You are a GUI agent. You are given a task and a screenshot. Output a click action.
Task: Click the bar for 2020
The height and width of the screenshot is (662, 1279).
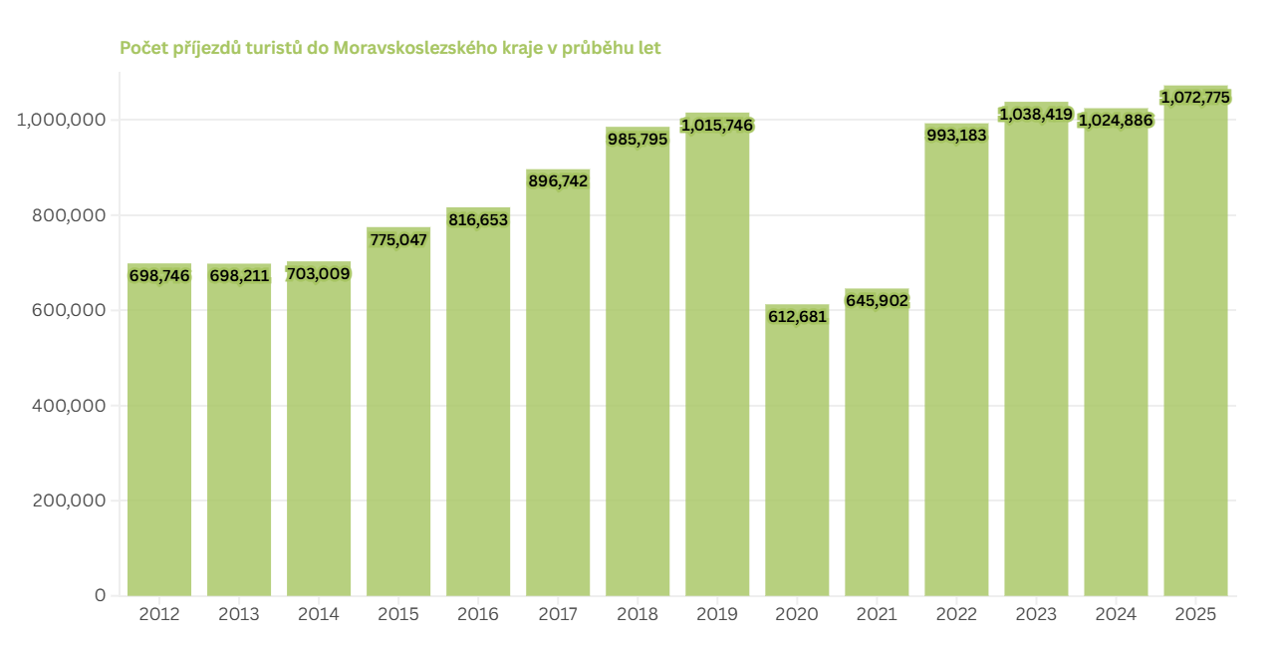pyautogui.click(x=797, y=459)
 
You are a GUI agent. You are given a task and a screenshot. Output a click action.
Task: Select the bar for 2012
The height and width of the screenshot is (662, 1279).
pyautogui.click(x=159, y=439)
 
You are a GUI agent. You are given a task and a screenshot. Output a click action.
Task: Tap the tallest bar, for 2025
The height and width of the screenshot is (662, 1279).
pyautogui.click(x=1195, y=349)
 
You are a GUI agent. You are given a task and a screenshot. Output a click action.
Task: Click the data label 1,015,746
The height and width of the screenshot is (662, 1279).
pyautogui.click(x=717, y=125)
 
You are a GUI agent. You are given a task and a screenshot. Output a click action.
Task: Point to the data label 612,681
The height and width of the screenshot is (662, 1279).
pyautogui.click(x=798, y=316)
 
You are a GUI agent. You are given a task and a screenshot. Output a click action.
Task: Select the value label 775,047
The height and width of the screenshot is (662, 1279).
pyautogui.click(x=397, y=239)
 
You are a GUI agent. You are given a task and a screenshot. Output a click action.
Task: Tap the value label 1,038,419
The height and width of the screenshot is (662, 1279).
pyautogui.click(x=1036, y=114)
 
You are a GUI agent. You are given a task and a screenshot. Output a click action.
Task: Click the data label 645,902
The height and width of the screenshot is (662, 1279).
pyautogui.click(x=877, y=299)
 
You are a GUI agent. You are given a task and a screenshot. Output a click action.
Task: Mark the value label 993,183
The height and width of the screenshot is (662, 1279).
pyautogui.click(x=956, y=135)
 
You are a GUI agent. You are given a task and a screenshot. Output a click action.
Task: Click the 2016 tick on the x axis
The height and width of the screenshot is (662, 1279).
pyautogui.click(x=478, y=614)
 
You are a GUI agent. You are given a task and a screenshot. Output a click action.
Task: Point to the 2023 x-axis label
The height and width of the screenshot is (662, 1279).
pyautogui.click(x=1036, y=614)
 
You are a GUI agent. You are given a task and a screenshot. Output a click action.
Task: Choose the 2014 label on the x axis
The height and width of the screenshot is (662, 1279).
pyautogui.click(x=319, y=614)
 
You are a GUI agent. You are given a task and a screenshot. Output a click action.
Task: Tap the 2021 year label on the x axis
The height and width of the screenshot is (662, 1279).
pyautogui.click(x=877, y=614)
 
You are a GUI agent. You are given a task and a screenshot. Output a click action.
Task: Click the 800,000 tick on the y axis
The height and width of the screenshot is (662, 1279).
pyautogui.click(x=63, y=214)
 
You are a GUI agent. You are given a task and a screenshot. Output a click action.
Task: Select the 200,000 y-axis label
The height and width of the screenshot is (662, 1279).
pyautogui.click(x=63, y=500)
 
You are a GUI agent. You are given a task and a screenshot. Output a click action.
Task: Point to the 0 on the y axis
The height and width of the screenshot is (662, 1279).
pyautogui.click(x=100, y=595)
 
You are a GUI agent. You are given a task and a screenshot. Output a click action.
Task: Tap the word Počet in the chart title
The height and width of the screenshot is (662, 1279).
pyautogui.click(x=142, y=48)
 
